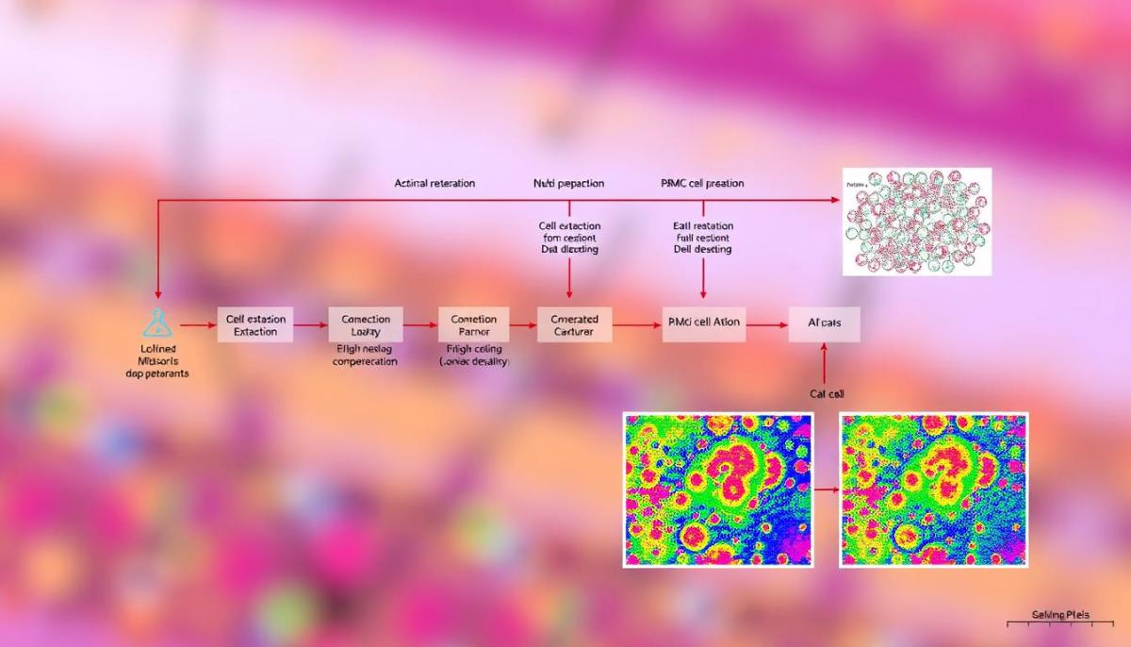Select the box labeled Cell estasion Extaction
click(x=256, y=324)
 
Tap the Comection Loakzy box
click(x=366, y=324)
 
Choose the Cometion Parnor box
click(x=473, y=324)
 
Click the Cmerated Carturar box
click(x=574, y=324)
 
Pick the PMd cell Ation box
click(x=704, y=323)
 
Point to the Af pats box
click(x=825, y=323)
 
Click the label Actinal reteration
click(x=434, y=183)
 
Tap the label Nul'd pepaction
click(x=568, y=183)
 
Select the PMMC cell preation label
click(x=702, y=183)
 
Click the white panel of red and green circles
click(x=916, y=222)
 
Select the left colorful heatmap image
click(x=717, y=489)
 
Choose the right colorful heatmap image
click(x=933, y=489)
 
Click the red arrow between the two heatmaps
click(x=826, y=490)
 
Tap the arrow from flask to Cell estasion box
click(x=197, y=324)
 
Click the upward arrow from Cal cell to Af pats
click(x=825, y=364)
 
